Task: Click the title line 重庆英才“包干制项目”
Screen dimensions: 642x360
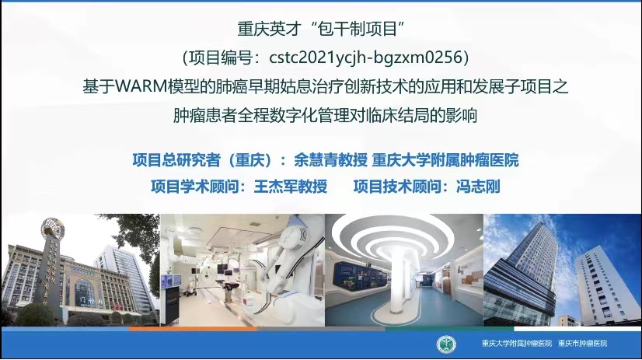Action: click(321, 29)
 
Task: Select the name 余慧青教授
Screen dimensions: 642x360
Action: click(330, 160)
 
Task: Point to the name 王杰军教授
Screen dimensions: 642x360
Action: click(291, 187)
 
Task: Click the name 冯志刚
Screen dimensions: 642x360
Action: click(478, 187)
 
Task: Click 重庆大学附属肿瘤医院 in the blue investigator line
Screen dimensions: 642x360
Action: click(445, 160)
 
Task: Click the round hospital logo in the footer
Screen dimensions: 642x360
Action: click(446, 344)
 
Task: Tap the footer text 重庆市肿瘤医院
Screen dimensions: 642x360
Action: click(583, 344)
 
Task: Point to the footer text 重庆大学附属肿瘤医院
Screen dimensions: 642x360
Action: click(517, 344)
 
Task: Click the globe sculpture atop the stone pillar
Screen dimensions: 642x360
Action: click(53, 228)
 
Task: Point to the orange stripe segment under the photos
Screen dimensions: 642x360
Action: click(193, 328)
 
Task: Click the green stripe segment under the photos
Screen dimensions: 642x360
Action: click(449, 328)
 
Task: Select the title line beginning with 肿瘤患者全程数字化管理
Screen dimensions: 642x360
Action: click(325, 116)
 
